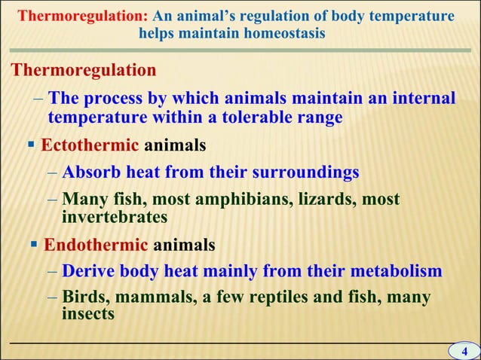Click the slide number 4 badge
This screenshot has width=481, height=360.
464,352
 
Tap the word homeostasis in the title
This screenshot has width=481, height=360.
283,34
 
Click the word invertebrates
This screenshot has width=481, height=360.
113,217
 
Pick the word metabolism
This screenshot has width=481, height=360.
391,270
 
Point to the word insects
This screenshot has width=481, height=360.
87,313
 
